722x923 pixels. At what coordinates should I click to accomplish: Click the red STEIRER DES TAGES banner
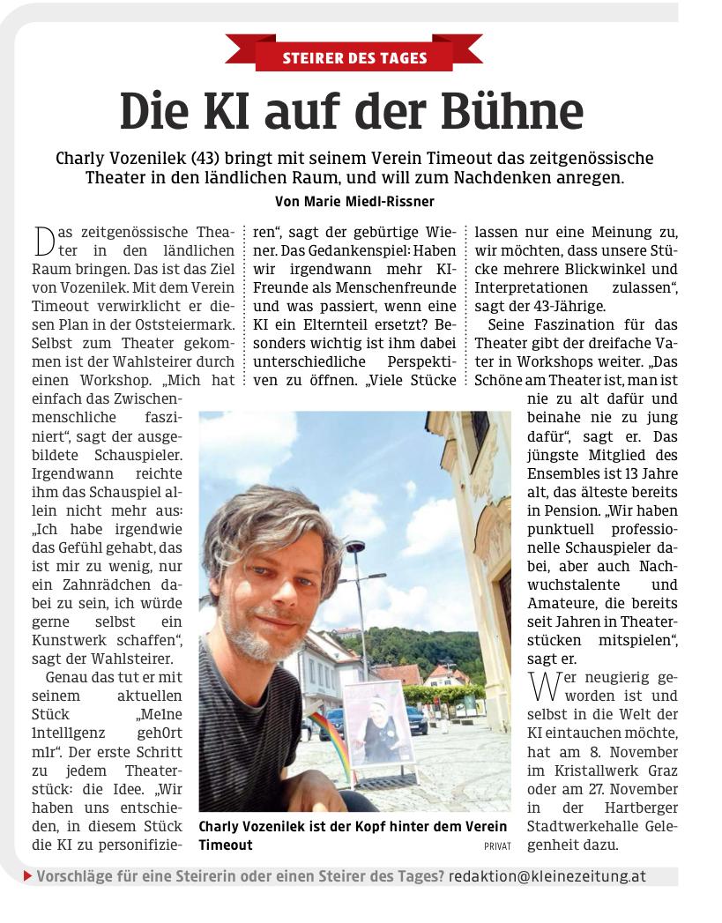tap(354, 58)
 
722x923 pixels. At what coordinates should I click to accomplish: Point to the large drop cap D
tap(44, 241)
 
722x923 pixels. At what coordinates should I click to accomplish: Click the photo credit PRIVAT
tap(496, 845)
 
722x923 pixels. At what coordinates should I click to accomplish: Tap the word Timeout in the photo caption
tap(226, 845)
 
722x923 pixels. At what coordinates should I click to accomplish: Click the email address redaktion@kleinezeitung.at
tap(547, 877)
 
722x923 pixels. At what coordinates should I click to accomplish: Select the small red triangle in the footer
tap(28, 877)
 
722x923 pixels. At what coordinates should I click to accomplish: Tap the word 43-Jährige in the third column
tap(564, 307)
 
